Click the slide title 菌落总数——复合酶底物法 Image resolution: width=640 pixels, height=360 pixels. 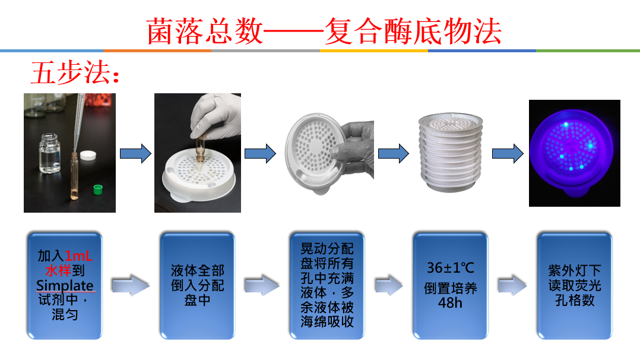point(324,31)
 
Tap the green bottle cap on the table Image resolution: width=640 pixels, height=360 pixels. point(98,189)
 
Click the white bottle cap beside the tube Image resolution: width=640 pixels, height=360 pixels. point(88,155)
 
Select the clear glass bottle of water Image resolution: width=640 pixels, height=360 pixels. point(50,153)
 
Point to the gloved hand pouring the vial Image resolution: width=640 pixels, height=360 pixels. point(214,115)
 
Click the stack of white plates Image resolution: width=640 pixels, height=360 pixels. point(450,153)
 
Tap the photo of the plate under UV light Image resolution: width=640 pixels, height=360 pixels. point(574,153)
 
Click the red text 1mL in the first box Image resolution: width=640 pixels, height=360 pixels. point(78,256)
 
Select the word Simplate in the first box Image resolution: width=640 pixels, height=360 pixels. point(65,285)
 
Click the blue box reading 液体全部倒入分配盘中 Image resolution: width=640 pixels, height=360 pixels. point(198,286)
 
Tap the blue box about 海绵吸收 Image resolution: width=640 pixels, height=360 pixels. point(327,286)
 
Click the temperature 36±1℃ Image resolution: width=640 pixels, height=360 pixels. point(451,268)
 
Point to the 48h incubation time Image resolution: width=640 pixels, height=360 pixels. point(450,303)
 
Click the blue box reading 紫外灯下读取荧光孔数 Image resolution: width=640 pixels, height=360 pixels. point(575,286)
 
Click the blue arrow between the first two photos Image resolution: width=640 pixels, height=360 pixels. point(135,154)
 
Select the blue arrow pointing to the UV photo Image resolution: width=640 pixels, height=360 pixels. point(508,154)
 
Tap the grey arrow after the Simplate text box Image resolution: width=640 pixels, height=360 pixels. point(131,285)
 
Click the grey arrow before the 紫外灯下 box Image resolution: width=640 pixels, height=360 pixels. point(512,285)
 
